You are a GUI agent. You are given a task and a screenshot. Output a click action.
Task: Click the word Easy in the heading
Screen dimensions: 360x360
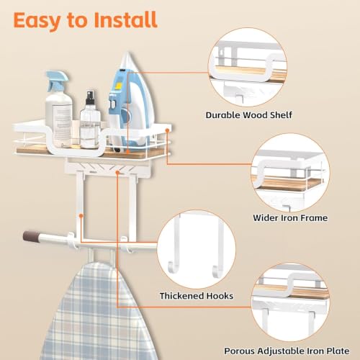pos(37,21)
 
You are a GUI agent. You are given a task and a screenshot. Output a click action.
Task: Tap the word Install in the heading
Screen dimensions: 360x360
pos(125,19)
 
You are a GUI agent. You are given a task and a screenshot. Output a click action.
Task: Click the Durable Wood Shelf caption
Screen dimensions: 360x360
pos(249,115)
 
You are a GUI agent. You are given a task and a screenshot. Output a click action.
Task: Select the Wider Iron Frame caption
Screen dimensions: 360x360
pos(290,217)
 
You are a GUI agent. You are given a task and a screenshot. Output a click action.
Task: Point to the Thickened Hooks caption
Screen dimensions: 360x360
pos(197,296)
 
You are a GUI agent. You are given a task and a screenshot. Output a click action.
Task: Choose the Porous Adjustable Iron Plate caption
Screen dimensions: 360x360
pos(287,351)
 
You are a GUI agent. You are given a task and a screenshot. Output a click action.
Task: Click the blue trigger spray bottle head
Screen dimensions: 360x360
pos(57,80)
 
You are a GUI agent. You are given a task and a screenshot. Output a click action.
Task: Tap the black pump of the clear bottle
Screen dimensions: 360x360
pos(90,97)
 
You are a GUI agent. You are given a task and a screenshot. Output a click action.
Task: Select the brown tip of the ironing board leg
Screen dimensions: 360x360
pos(30,236)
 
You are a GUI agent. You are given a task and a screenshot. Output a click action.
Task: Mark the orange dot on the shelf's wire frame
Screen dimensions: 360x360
pos(167,130)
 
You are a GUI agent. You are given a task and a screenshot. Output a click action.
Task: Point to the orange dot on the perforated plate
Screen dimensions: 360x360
pos(117,172)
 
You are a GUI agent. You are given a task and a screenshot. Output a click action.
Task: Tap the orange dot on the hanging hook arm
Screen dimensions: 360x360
pos(81,216)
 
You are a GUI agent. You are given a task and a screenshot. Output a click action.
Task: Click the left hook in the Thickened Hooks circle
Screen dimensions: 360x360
pos(175,247)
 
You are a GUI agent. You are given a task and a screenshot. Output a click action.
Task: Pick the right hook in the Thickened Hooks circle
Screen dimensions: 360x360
pos(219,247)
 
